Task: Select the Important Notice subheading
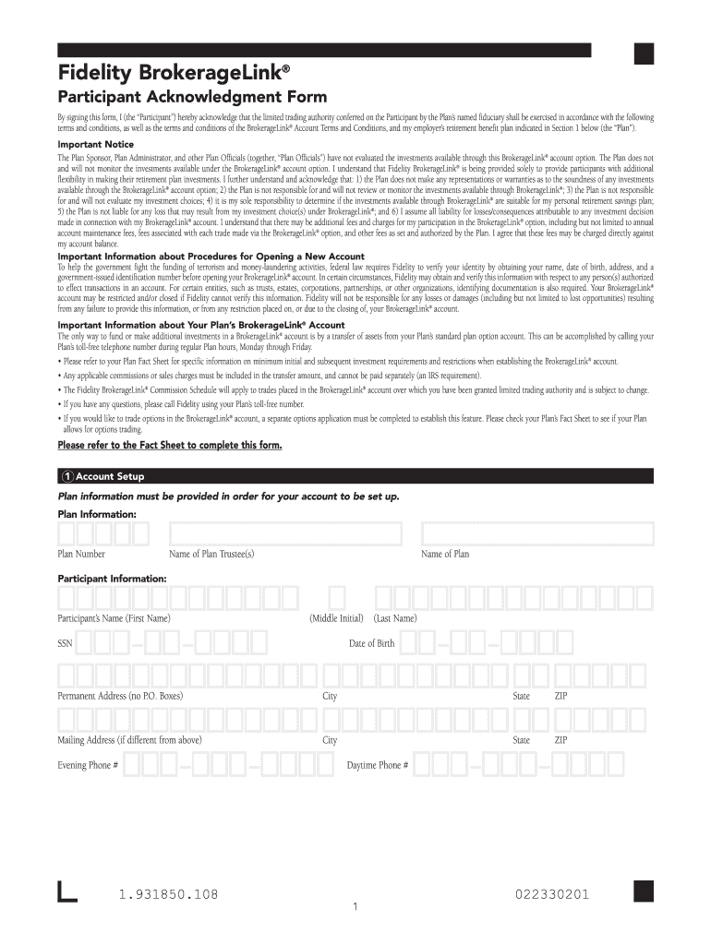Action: tap(95, 145)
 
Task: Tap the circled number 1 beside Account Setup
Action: tap(66, 476)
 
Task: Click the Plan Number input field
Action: tap(103, 534)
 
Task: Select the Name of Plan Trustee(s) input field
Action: tap(285, 534)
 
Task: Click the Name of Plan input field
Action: tap(537, 534)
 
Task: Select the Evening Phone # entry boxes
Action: tap(227, 765)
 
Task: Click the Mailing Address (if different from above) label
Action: tap(129, 740)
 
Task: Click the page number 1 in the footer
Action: tap(355, 907)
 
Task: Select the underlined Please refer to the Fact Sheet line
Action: tap(169, 445)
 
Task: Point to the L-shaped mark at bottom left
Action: tap(66, 892)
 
